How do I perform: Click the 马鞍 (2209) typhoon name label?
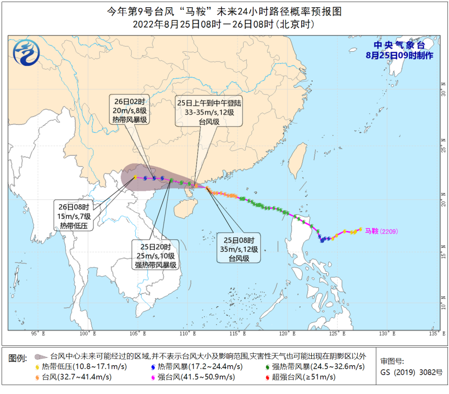coord(383,230)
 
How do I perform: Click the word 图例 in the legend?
coord(18,358)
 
